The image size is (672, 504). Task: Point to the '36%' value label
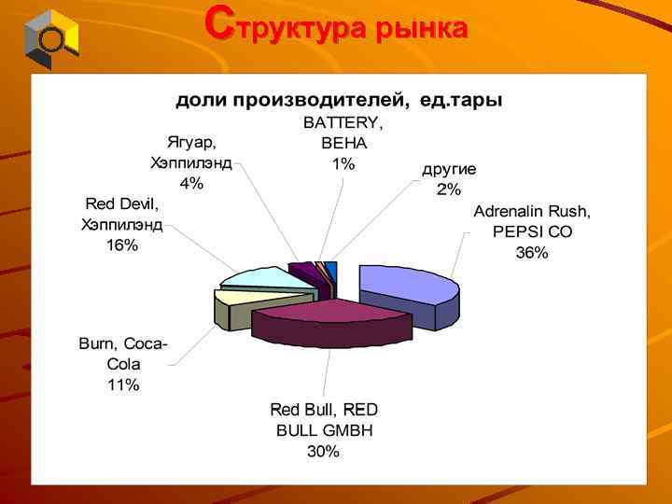coord(532,253)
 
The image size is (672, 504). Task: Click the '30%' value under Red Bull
coord(324,452)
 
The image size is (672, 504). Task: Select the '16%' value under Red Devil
coord(122,245)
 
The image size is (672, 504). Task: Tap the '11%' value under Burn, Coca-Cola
coord(122,385)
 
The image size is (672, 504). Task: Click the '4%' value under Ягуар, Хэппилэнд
coord(192,183)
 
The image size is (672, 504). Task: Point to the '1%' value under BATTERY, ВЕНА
coord(343,164)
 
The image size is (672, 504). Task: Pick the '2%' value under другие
coord(448,189)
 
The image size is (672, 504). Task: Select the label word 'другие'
coord(449,169)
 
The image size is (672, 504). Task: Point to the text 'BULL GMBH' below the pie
coord(324,430)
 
